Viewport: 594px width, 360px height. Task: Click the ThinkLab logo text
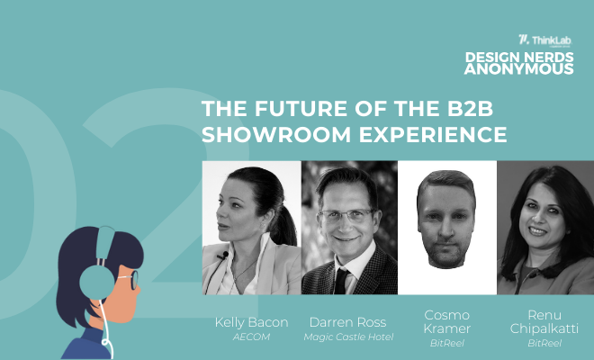[551, 40]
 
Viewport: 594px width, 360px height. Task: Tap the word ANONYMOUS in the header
[519, 69]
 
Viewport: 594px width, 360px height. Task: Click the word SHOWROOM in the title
[276, 134]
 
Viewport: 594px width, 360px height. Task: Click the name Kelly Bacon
[251, 322]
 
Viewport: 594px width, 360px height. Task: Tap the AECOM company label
[251, 337]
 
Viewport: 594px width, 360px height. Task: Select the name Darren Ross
[347, 322]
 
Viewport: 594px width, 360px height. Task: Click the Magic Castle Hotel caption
[348, 337]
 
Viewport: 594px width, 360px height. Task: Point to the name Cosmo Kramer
[447, 321]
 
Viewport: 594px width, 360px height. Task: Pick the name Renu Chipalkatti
[544, 321]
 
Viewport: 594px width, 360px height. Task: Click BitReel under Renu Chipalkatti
[544, 343]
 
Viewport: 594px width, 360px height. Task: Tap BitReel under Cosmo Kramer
[447, 343]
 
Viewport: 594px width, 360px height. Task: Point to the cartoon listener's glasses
[130, 279]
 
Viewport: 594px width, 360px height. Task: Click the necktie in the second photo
[340, 281]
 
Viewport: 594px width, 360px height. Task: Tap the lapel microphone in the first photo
[223, 256]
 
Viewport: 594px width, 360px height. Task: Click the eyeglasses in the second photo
[346, 216]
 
